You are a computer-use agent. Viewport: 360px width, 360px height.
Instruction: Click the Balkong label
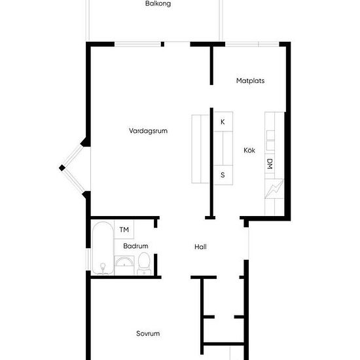[158, 4]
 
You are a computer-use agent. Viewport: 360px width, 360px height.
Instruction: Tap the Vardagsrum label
[148, 131]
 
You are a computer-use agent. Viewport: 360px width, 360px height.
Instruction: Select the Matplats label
[250, 81]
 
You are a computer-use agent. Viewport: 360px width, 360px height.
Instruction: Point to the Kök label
[249, 150]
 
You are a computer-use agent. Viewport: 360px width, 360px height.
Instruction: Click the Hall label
[200, 247]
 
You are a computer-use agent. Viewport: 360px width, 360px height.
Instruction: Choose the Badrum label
[135, 246]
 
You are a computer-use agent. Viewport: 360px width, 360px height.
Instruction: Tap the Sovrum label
[148, 333]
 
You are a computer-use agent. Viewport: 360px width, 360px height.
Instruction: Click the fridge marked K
[223, 122]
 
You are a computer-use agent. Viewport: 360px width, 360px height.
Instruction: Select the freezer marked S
[223, 175]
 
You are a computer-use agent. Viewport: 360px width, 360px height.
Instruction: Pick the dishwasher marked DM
[270, 164]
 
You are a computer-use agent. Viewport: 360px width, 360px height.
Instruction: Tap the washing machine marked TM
[124, 229]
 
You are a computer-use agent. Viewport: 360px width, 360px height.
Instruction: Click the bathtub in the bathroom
[103, 248]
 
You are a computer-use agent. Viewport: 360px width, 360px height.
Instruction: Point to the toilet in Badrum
[144, 264]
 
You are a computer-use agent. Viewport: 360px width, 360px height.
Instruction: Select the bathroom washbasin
[124, 265]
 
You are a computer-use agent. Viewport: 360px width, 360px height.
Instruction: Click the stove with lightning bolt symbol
[274, 189]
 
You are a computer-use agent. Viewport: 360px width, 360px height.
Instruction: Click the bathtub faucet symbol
[103, 268]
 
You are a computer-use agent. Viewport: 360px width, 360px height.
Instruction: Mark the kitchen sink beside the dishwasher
[270, 140]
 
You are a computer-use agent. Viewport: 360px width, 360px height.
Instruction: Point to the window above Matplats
[252, 44]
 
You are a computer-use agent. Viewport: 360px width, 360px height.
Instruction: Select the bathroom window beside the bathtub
[88, 259]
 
